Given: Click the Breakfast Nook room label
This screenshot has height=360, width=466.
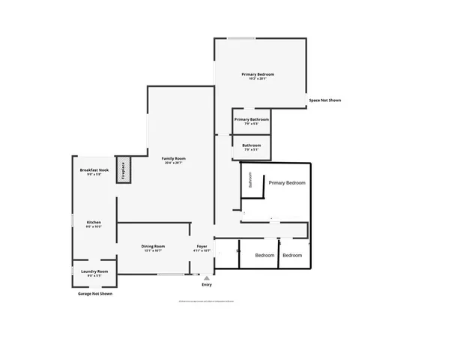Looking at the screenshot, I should tap(95, 170).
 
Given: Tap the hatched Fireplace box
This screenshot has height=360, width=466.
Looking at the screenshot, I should tap(122, 169).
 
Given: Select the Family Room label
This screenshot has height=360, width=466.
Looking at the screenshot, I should tap(174, 158).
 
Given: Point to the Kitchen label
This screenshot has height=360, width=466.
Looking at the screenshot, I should tap(94, 222).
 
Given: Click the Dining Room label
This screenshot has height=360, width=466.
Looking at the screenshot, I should tap(153, 246).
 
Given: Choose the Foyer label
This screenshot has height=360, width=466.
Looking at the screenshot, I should tap(202, 246).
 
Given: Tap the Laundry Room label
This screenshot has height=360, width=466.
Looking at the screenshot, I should tap(94, 271).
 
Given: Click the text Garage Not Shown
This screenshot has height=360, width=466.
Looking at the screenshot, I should tap(95, 294).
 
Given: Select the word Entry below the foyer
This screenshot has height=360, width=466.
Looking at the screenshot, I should tap(207, 285).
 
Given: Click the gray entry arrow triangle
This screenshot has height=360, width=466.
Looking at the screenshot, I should tap(207, 277).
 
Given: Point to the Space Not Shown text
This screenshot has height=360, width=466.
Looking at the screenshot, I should tap(325, 100).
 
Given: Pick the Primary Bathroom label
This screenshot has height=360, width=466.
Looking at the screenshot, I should tap(251, 119).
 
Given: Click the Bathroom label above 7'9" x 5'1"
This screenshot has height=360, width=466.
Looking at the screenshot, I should tap(252, 145).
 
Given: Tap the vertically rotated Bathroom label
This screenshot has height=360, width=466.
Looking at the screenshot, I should tap(250, 181).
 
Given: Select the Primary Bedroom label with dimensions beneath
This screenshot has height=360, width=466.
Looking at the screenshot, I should tap(258, 74).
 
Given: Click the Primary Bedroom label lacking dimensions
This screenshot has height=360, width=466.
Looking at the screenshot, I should tap(287, 183).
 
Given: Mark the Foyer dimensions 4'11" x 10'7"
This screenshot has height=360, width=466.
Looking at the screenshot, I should tap(202, 250).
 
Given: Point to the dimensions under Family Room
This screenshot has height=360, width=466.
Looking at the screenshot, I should tap(174, 163).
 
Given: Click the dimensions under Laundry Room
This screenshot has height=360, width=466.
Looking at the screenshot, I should tap(94, 275).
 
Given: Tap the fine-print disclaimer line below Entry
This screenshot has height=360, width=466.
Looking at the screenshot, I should tap(207, 301).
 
